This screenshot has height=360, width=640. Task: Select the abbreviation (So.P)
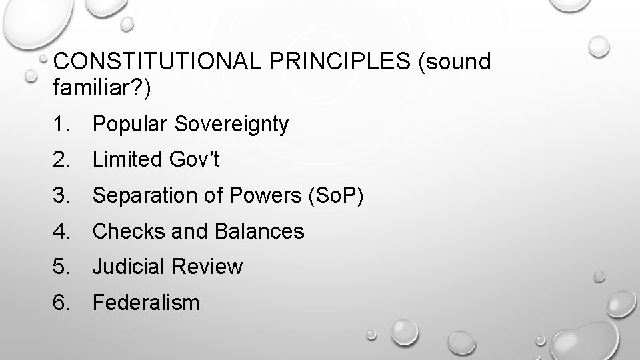(x=333, y=196)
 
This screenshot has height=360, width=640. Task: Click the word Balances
(x=260, y=231)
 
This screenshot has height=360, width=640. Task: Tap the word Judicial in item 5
(x=129, y=267)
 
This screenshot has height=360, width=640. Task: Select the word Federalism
(x=146, y=303)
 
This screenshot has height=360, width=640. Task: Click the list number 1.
(x=61, y=125)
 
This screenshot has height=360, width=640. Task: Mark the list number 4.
(x=61, y=231)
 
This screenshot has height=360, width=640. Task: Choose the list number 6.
(x=61, y=303)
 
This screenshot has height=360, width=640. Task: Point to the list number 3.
(x=61, y=196)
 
